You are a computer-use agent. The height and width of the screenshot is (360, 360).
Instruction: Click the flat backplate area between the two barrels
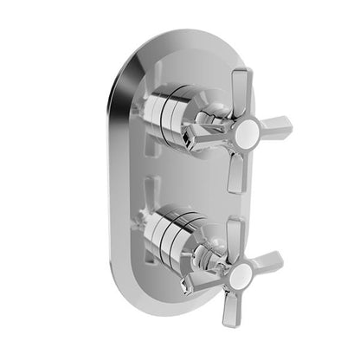[x=173, y=173]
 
